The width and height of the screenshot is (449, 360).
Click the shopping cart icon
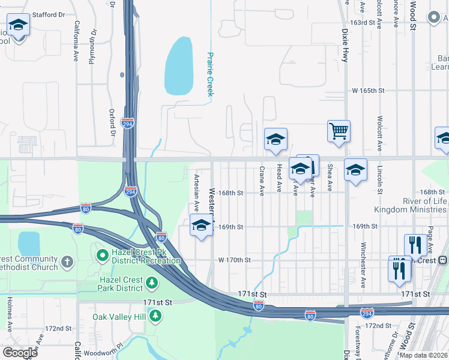click(339, 130)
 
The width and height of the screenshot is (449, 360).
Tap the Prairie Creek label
click(210, 74)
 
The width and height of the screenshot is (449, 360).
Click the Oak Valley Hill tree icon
click(155, 315)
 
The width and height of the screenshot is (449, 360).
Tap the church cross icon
click(67, 262)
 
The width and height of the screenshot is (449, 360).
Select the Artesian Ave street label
click(196, 192)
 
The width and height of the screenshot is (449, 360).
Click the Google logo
click(19, 353)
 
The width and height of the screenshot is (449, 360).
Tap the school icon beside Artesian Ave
click(201, 226)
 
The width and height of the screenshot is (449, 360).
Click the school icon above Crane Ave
click(276, 139)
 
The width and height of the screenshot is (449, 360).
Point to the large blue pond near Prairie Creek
click(179, 66)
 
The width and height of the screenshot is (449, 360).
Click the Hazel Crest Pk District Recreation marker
click(103, 256)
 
